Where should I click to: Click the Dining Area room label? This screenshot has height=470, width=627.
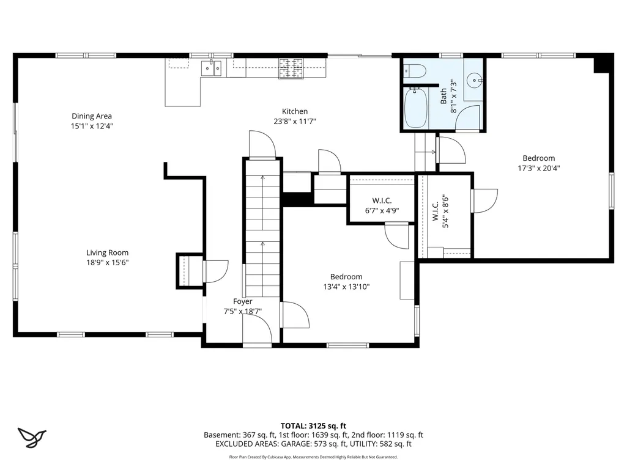coord(92,120)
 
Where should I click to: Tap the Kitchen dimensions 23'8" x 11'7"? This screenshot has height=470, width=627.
coord(295,121)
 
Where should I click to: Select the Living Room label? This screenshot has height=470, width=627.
coord(107,257)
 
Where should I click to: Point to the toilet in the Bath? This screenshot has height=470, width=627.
coord(415,71)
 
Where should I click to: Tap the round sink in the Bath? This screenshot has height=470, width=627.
coord(474,80)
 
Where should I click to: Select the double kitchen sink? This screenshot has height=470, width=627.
coord(211,68)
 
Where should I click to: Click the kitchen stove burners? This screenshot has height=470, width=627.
coord(291,68)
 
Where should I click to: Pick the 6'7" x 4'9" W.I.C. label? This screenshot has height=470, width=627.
coord(382,205)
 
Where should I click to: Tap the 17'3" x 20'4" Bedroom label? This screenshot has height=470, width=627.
coord(539,163)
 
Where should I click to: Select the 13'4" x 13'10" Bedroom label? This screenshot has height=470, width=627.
coord(346,281)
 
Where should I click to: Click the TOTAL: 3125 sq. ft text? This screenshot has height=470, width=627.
coord(313,425)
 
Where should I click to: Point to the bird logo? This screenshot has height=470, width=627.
coord(32,437)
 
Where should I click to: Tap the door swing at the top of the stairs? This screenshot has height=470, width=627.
coord(262,144)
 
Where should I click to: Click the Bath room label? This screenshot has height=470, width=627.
coord(443,97)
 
